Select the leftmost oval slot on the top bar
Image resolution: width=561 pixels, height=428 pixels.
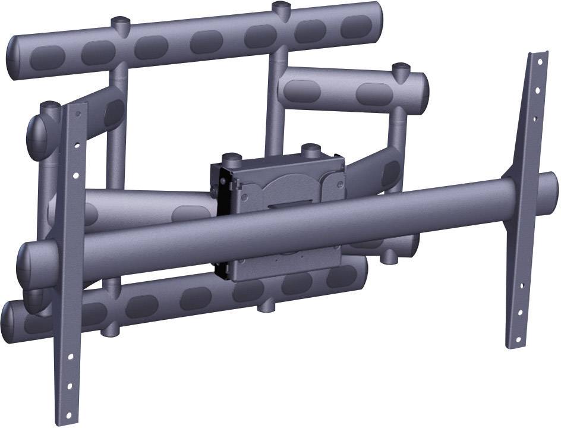[47, 57]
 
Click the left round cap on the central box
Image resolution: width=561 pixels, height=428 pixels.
[231, 158]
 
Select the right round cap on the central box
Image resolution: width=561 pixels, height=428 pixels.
[310, 148]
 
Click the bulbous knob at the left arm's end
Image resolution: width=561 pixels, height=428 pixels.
[37, 138]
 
